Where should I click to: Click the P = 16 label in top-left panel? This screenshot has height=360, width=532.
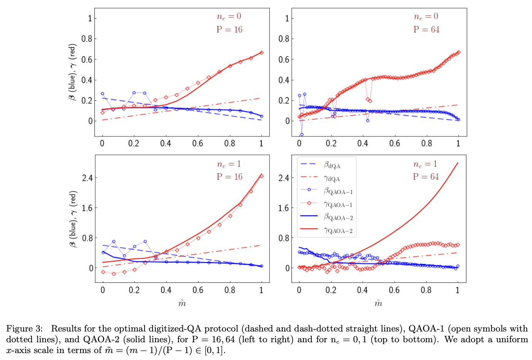[229, 30]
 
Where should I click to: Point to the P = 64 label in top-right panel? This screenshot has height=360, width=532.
[426, 30]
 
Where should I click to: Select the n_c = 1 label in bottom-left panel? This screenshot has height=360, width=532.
[229, 164]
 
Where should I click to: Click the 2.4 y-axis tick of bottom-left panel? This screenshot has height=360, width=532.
[88, 178]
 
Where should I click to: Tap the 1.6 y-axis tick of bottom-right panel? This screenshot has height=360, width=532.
[284, 208]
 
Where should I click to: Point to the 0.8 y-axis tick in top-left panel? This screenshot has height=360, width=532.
[87, 39]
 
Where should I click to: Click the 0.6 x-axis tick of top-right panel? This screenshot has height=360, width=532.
[394, 143]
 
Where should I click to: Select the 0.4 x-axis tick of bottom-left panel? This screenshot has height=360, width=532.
[166, 290]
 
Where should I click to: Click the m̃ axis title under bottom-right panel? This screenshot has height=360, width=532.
[378, 304]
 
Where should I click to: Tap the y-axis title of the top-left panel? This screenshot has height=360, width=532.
[72, 72]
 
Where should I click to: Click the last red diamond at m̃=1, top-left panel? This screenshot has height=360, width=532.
[262, 52]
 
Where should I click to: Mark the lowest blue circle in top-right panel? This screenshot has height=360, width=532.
[301, 135]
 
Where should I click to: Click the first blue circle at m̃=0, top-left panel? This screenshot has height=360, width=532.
[102, 94]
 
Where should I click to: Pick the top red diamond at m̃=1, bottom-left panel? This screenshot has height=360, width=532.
[262, 176]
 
